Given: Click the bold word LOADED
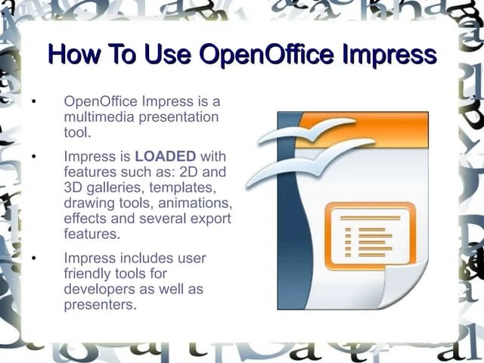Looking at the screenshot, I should click(165, 157).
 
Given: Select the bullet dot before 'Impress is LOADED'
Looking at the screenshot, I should click(33, 157).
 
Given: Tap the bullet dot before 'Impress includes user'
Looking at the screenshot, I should click(33, 259).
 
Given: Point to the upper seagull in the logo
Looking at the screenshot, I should click(306, 132).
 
